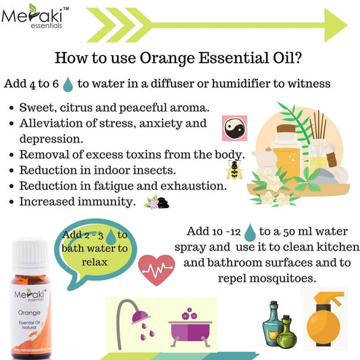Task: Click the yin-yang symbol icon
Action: [234, 128]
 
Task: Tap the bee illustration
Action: [234, 170]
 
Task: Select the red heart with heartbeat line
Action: [157, 269]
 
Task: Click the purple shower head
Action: [140, 317]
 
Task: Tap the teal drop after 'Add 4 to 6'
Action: [68, 84]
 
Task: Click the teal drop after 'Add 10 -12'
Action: [250, 232]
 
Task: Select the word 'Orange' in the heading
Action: [168, 58]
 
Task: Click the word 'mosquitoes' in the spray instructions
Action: [282, 278]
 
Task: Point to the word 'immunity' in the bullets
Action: [105, 202]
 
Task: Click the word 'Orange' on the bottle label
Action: [29, 313]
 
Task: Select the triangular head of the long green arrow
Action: [336, 25]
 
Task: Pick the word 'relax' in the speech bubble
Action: [95, 262]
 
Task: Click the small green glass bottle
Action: [286, 331]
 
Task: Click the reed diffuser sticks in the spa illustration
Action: [318, 126]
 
